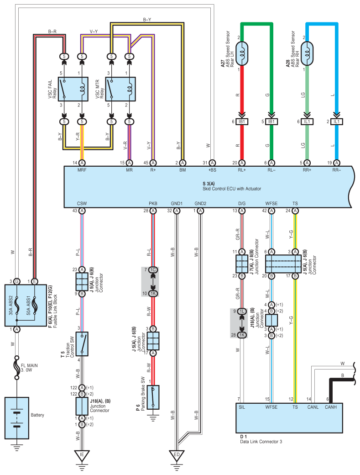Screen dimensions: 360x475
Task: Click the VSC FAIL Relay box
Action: click(x=73, y=89)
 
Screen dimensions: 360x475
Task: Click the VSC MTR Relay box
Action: click(x=120, y=89)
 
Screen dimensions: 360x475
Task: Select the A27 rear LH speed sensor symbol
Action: click(x=241, y=53)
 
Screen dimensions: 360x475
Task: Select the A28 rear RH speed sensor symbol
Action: click(x=307, y=53)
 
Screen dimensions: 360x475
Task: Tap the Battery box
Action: click(x=17, y=418)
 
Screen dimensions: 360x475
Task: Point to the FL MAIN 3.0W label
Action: click(x=29, y=368)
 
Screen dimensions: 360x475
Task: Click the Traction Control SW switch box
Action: click(x=82, y=344)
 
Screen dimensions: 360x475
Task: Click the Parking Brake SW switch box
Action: click(x=153, y=397)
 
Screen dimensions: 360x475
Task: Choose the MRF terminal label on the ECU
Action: click(x=82, y=170)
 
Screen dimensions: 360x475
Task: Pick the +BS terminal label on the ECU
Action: click(x=212, y=170)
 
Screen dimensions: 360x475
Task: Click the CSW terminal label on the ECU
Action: click(x=82, y=204)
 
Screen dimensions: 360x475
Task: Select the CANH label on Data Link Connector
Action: click(x=331, y=407)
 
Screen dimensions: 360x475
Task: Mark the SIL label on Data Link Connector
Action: click(x=242, y=407)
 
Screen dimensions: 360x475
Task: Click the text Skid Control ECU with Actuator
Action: click(x=232, y=189)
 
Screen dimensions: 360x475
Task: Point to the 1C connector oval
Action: click(x=153, y=269)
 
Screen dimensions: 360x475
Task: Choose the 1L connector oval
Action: click(x=242, y=311)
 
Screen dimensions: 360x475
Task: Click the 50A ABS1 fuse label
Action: click(x=28, y=306)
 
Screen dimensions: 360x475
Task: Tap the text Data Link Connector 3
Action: click(x=261, y=442)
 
